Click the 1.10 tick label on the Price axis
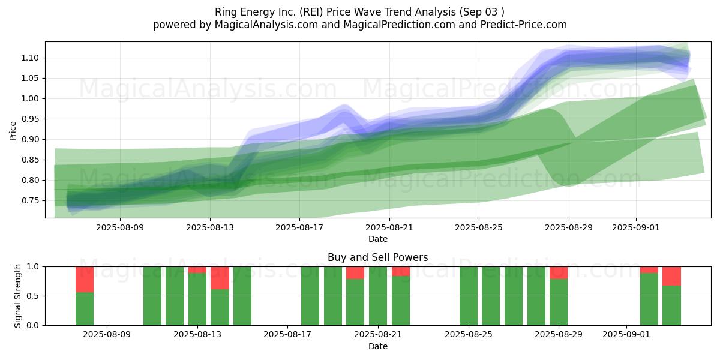[x=30, y=58]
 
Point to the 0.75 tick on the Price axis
[x=30, y=200]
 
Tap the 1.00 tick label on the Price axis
[x=30, y=98]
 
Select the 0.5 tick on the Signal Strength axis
[x=33, y=296]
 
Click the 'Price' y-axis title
[x=13, y=131]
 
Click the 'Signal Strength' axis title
[x=17, y=296]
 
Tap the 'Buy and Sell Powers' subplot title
[x=377, y=257]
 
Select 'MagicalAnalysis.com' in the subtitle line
[x=266, y=25]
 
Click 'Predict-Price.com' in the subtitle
[x=524, y=25]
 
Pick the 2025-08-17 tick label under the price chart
[x=299, y=227]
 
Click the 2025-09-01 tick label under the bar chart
[x=626, y=335]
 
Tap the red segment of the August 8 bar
[x=85, y=280]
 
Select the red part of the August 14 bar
[x=220, y=278]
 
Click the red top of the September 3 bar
[x=671, y=276]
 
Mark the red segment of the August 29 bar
[x=559, y=273]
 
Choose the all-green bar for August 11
[x=152, y=296]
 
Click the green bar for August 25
[x=469, y=296]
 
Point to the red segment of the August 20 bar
[x=355, y=273]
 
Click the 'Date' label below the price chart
[x=377, y=239]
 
